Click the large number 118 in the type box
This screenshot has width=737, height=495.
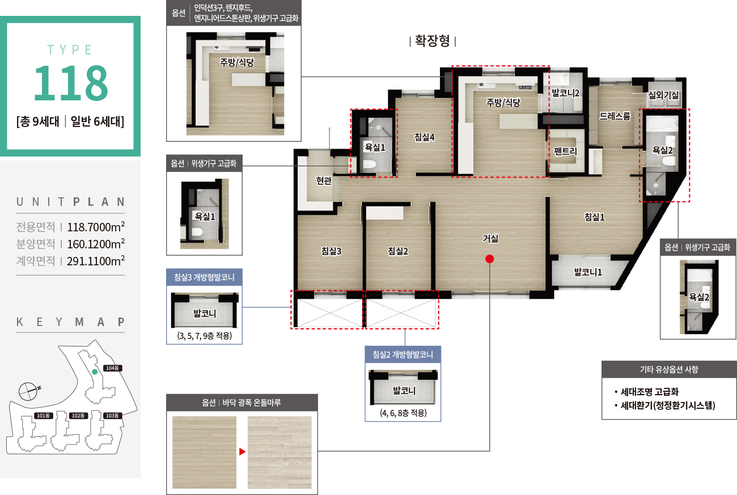pos(70,82)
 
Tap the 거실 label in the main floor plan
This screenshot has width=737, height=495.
pos(490,238)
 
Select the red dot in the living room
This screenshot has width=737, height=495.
pos(490,259)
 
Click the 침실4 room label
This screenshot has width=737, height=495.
pos(425,137)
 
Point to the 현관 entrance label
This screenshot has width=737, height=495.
pos(324,180)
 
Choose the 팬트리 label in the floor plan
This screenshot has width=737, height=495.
pos(565,151)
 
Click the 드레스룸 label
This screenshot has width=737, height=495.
pos(615,116)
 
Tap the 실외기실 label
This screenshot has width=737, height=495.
pos(663,95)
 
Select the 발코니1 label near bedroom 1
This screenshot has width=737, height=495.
pos(588,272)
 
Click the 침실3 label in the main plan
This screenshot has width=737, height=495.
pos(331,251)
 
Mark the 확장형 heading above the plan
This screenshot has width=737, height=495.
pos(433,41)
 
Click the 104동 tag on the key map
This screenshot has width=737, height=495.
pos(112,368)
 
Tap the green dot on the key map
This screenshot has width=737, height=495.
pos(95,372)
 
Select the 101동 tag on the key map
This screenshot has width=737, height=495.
pos(44,416)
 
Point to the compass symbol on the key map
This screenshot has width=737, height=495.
pos(29,391)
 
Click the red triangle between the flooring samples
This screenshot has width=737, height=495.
pos(242,451)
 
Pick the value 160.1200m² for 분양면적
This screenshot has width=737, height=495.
pos(96,244)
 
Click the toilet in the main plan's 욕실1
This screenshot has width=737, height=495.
pos(369,164)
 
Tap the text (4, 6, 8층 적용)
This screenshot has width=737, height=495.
pos(403,413)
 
